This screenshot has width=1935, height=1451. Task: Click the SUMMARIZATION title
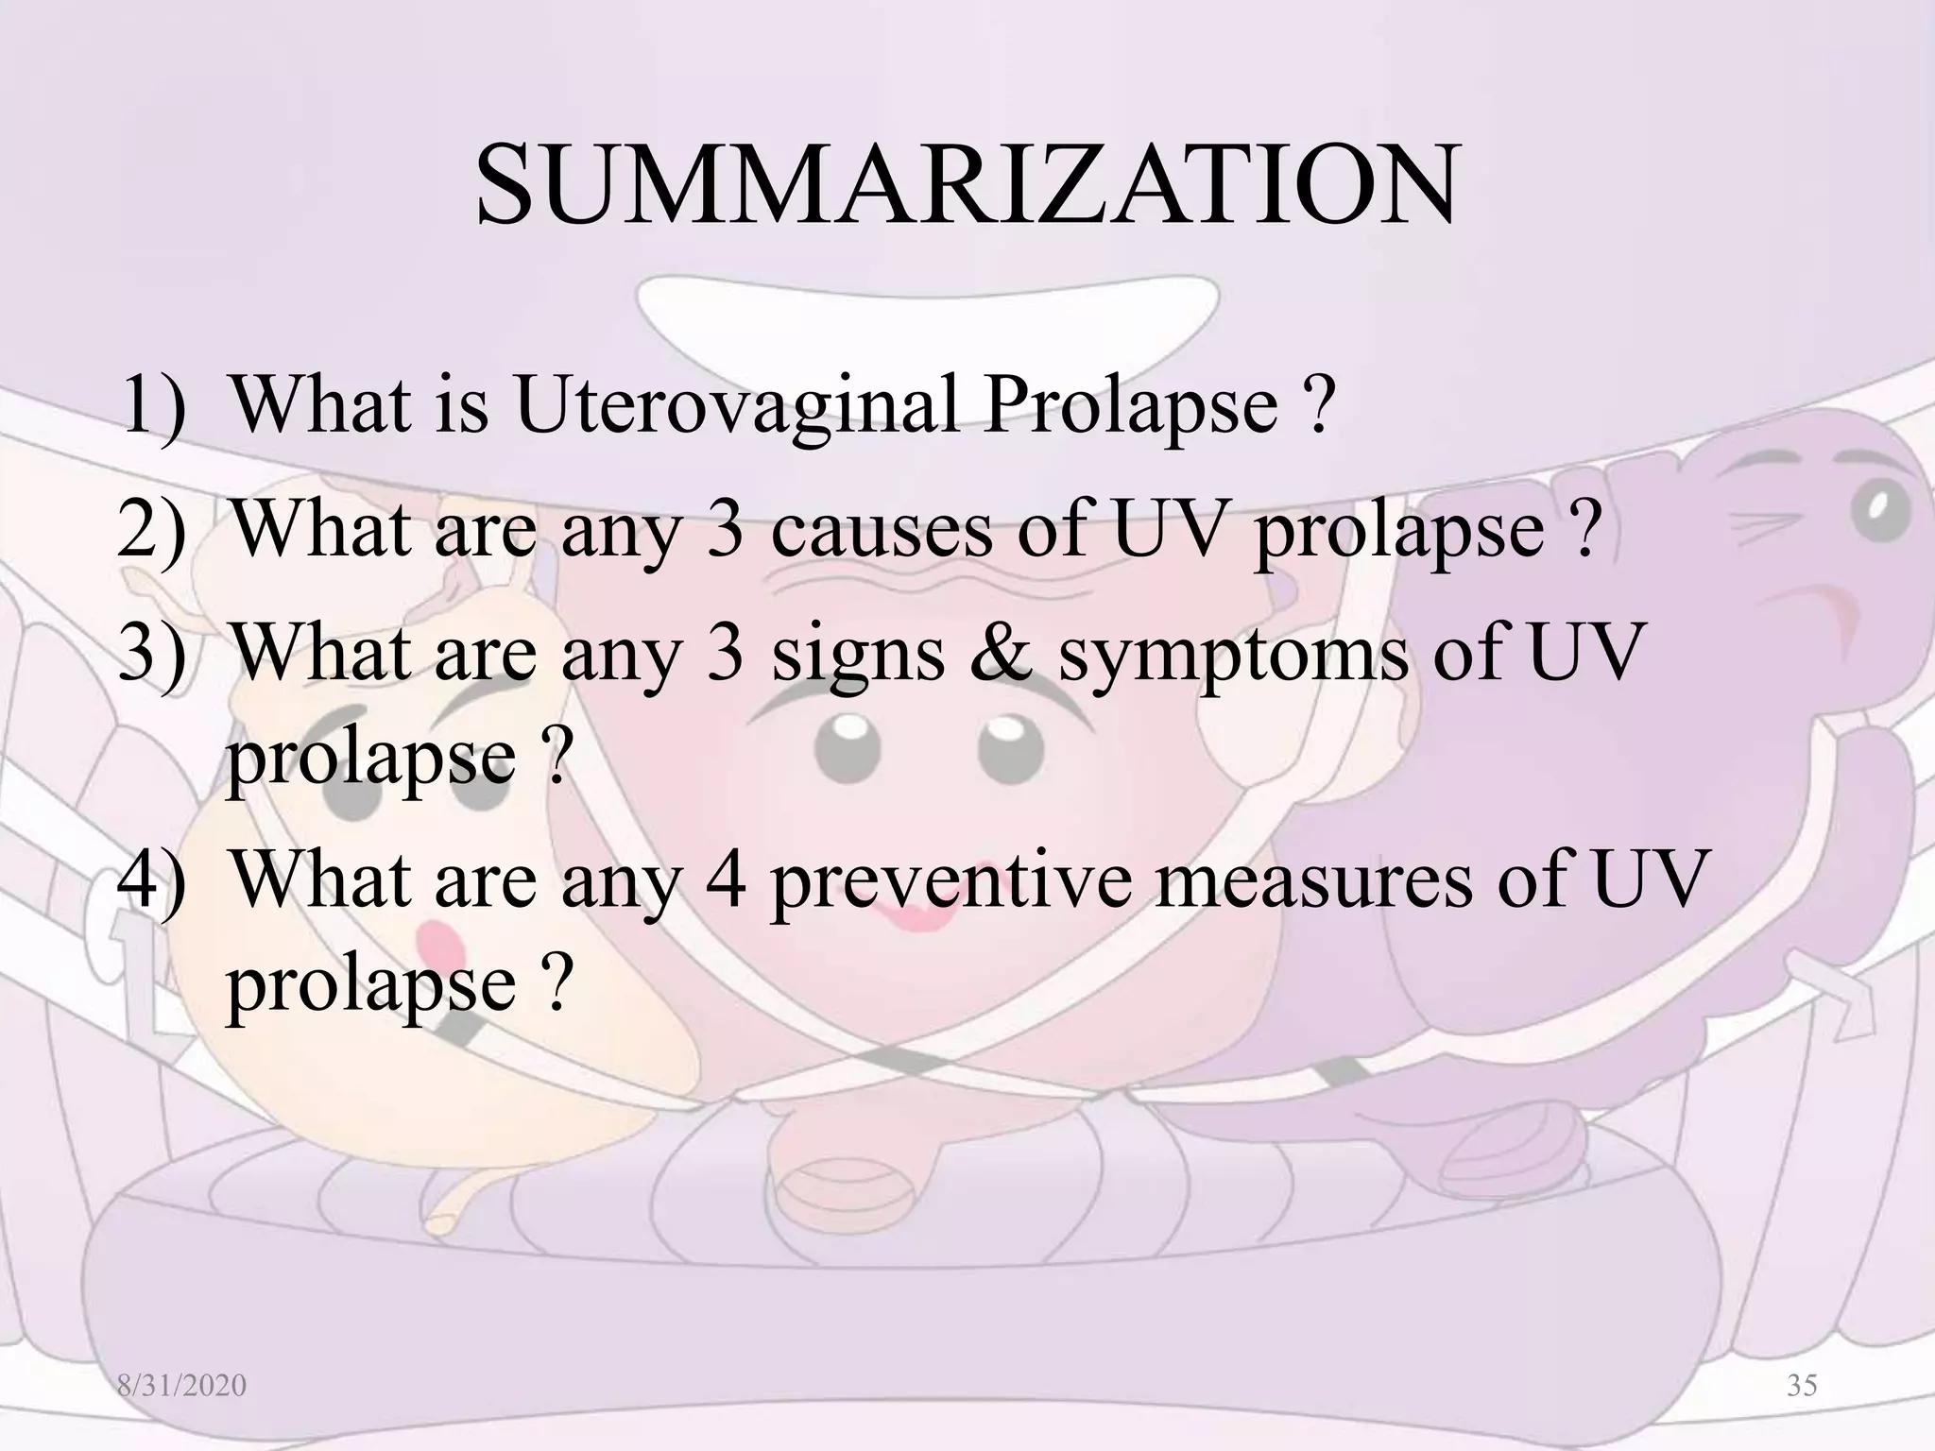(x=966, y=185)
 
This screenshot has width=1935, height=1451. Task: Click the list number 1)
(x=154, y=406)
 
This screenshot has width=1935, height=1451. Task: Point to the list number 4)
(x=152, y=879)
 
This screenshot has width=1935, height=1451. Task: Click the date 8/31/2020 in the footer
(x=181, y=1386)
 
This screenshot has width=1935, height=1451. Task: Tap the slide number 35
(x=1802, y=1385)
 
